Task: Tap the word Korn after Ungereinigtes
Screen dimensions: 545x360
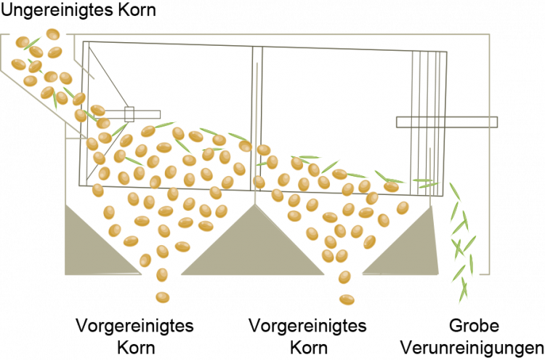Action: click(137, 9)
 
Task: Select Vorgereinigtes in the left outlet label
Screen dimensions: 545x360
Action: click(134, 327)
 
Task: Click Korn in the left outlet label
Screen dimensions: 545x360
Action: click(136, 348)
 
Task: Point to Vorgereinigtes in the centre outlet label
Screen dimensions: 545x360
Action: click(307, 327)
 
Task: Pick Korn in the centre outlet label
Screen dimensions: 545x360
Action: click(309, 348)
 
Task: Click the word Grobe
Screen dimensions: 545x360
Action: click(474, 326)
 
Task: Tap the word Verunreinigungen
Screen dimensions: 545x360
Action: click(472, 348)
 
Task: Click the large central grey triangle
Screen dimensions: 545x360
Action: click(253, 244)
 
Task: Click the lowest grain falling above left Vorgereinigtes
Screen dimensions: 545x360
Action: click(162, 297)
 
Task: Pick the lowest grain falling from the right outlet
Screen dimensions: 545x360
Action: click(347, 300)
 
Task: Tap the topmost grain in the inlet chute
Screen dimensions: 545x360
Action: click(53, 34)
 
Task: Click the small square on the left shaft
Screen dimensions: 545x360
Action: click(129, 114)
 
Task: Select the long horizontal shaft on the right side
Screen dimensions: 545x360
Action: click(447, 122)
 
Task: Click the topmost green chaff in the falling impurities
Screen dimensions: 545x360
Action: click(455, 192)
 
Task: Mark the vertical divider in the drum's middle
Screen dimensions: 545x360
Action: click(257, 119)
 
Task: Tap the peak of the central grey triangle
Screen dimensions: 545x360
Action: click(255, 205)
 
